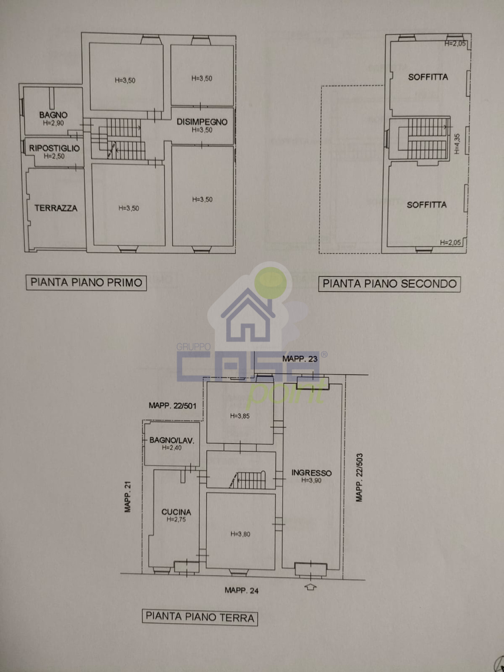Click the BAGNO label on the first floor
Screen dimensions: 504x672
(x=53, y=115)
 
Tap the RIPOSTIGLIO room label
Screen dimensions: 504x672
(x=54, y=148)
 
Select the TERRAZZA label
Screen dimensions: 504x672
(x=56, y=208)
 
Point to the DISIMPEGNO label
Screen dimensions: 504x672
(x=202, y=122)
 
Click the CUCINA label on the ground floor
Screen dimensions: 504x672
(x=176, y=512)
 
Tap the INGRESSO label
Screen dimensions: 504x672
(x=311, y=473)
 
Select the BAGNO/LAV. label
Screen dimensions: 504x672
(x=172, y=440)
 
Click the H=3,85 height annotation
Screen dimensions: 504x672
(x=240, y=416)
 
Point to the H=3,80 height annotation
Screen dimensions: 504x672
(x=240, y=534)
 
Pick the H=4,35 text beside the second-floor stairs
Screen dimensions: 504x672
(x=457, y=144)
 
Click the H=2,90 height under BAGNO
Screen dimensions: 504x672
(x=53, y=123)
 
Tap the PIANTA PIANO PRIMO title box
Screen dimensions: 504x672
(x=86, y=283)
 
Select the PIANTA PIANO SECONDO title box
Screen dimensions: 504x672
(x=390, y=284)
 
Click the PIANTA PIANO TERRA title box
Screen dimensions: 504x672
(x=200, y=617)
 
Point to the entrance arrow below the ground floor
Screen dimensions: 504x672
(x=311, y=587)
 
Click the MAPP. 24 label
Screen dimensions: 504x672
(x=242, y=590)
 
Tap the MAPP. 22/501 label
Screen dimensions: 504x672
(x=173, y=406)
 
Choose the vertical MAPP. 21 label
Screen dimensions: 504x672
(x=128, y=497)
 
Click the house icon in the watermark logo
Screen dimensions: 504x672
(x=248, y=314)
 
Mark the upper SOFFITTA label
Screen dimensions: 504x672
(x=428, y=77)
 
